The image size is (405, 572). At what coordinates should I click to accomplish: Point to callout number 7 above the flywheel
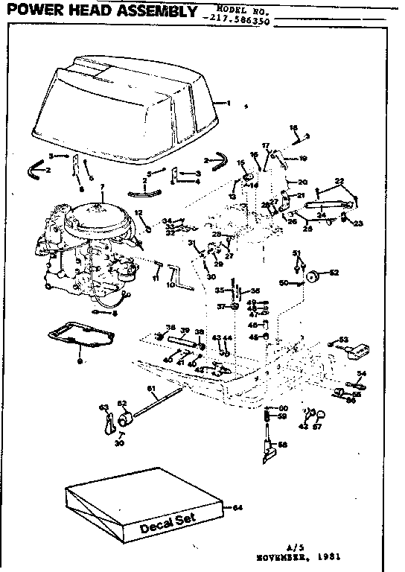point(102,185)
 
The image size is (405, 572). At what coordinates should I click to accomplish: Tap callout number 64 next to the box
point(237,508)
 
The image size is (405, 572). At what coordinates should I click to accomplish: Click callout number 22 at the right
point(339,181)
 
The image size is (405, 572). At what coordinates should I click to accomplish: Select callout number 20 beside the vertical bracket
point(302,182)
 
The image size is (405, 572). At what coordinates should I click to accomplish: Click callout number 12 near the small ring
point(138,213)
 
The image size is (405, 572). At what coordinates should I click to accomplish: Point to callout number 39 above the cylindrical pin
point(185,329)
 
